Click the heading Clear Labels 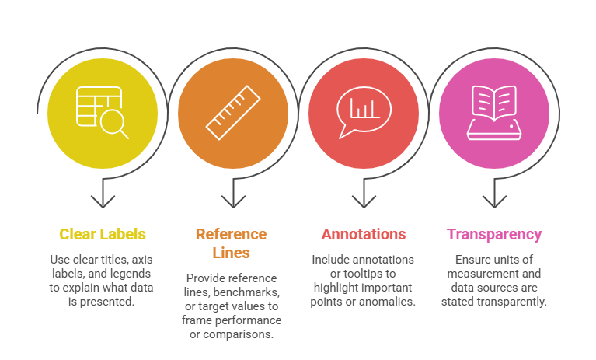tap(102, 234)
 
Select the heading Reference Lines tap(231, 243)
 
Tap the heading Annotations tap(364, 234)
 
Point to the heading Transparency tap(494, 234)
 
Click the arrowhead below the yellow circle tap(102, 201)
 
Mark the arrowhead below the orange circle tap(232, 201)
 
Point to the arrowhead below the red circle tap(363, 201)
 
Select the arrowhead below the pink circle tap(493, 201)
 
